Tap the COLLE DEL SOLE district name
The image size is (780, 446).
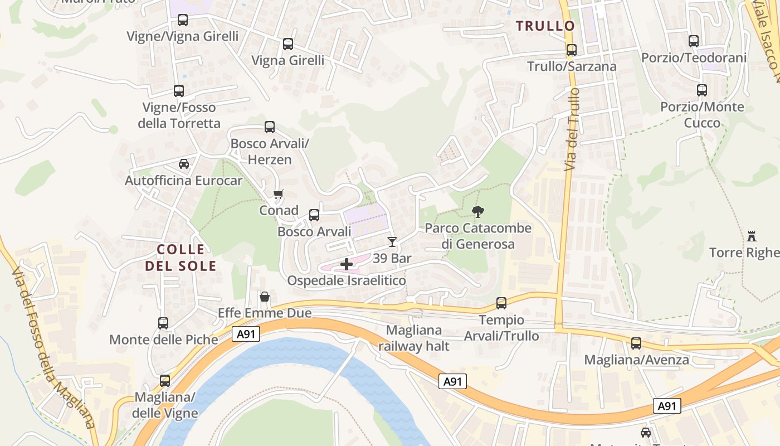181,258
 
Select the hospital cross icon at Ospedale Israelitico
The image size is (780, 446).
347,264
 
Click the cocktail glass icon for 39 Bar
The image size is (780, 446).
392,242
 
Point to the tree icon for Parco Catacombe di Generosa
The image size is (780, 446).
477,212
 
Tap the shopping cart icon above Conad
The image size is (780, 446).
279,194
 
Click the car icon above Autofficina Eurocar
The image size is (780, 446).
183,164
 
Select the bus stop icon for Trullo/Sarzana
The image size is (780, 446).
571,50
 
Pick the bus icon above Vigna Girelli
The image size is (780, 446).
287,44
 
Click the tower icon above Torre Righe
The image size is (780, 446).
752,236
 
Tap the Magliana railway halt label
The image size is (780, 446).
413,338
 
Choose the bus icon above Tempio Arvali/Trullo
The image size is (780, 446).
501,303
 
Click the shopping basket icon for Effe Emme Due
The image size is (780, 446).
265,297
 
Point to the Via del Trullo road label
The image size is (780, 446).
571,129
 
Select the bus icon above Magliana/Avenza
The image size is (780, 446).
636,343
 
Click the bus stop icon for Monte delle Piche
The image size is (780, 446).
163,323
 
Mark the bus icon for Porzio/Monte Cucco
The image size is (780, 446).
702,90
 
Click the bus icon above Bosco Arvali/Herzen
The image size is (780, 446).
270,127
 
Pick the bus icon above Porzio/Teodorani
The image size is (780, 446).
694,41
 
